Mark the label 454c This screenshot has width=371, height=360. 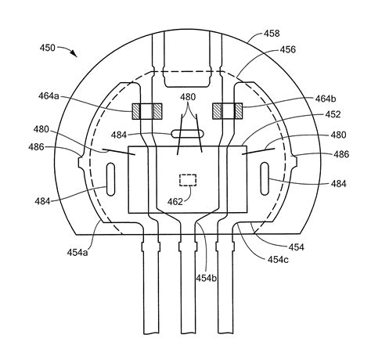(x=280, y=257)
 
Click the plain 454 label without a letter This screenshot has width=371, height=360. (x=298, y=247)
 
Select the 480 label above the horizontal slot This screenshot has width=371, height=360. (x=189, y=98)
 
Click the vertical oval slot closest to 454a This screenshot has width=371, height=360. (x=109, y=175)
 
